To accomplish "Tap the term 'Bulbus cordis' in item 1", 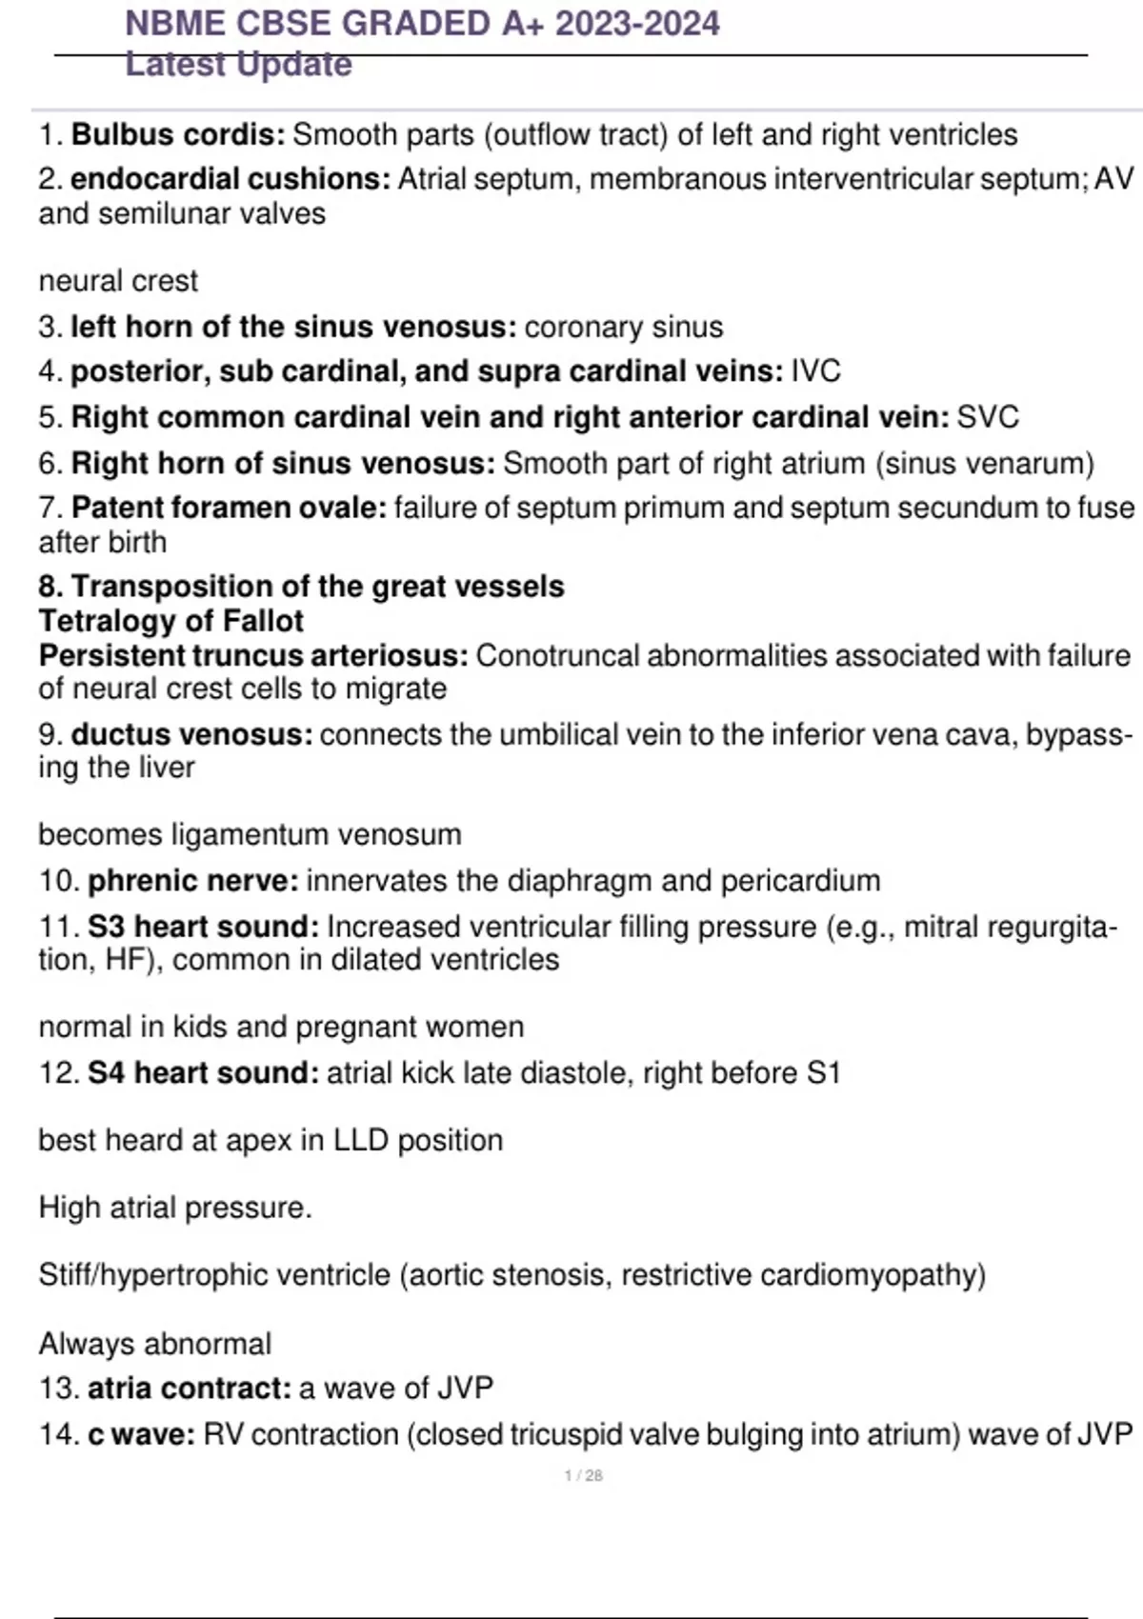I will click(177, 135).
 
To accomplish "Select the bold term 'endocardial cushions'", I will click(230, 179).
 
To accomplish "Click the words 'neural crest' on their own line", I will click(118, 281).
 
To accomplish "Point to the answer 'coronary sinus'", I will click(624, 328).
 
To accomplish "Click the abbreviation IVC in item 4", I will click(816, 371).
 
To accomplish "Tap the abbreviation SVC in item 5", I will click(988, 417).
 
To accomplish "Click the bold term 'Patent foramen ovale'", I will click(229, 508).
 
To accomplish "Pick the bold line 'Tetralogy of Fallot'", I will click(171, 621).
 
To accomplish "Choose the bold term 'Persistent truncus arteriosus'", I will click(252, 656).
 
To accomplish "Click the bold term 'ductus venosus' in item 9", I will click(190, 735).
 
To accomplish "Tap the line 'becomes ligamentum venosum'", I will click(250, 835).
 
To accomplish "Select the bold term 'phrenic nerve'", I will click(192, 881).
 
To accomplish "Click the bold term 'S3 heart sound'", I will click(203, 927).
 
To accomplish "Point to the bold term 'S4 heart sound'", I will click(203, 1073).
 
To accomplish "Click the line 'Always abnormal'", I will click(155, 1344).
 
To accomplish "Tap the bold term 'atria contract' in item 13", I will click(189, 1389).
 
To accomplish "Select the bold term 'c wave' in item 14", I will click(141, 1434).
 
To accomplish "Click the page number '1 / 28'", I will click(584, 1476).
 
